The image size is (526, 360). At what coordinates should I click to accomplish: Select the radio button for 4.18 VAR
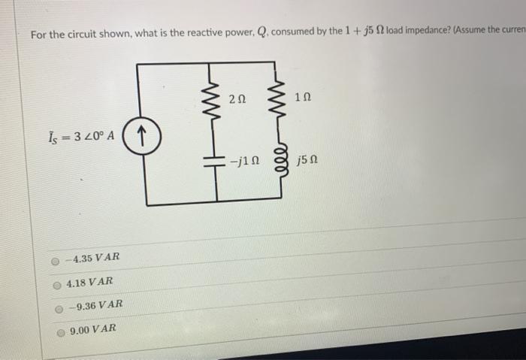[x=56, y=283]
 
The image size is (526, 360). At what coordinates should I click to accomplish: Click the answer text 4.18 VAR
[x=89, y=282]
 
